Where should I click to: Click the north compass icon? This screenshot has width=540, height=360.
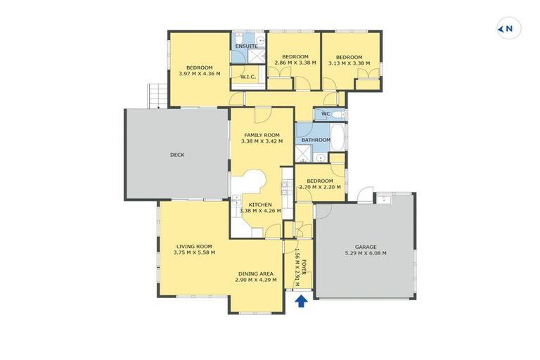tap(508, 29)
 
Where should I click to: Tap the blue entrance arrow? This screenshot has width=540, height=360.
tap(301, 301)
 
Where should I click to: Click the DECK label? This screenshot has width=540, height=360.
tap(177, 155)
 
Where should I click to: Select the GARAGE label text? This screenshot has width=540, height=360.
tap(366, 247)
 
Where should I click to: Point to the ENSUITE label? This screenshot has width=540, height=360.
tap(246, 46)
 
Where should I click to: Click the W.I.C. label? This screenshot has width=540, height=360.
tap(247, 77)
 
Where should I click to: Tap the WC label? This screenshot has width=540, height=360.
tap(326, 114)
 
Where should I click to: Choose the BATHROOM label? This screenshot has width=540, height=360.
tap(316, 140)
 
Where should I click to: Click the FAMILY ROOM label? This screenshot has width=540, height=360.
tap(262, 135)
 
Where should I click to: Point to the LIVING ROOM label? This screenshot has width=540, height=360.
tap(194, 246)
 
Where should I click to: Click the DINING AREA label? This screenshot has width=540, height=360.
tap(255, 274)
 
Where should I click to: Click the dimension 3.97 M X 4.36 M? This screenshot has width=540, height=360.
tap(199, 74)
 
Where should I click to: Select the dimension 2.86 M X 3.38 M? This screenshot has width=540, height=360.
tap(295, 63)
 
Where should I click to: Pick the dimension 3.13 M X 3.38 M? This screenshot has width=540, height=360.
tap(349, 63)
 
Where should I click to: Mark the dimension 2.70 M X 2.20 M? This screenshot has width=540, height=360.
tap(321, 187)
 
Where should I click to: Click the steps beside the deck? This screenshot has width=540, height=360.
tap(156, 96)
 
